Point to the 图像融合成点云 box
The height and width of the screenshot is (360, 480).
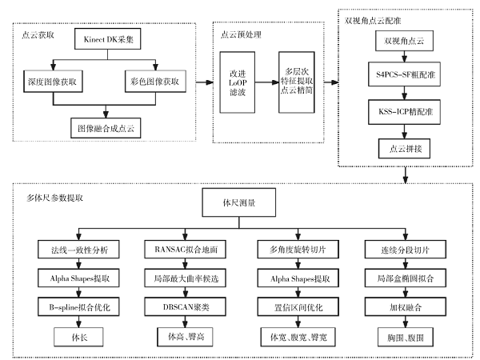(x=103, y=126)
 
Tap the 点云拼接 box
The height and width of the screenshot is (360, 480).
(x=408, y=147)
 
